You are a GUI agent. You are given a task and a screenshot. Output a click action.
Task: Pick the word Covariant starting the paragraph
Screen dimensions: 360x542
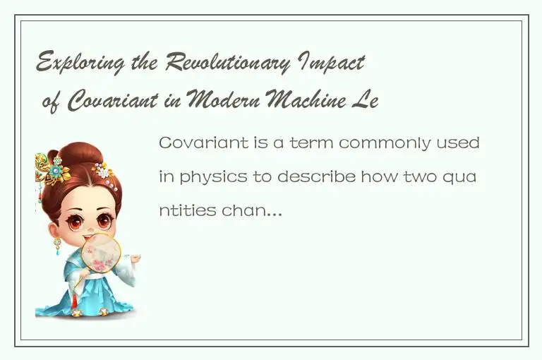pos(195,143)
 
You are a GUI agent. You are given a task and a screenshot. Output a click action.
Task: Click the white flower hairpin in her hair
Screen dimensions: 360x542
pos(104,171)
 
